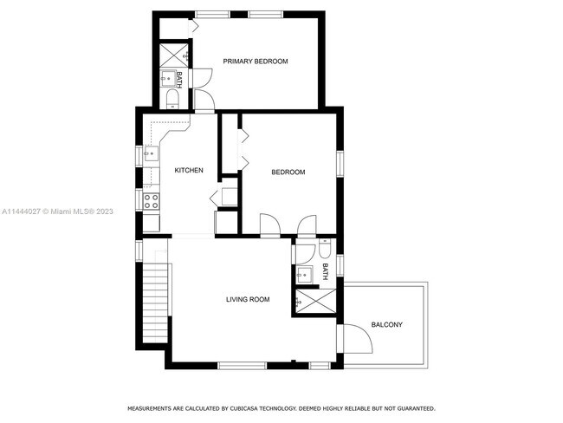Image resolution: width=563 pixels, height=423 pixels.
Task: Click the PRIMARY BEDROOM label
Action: [x=256, y=61]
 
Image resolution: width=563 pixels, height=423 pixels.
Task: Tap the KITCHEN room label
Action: [x=189, y=170]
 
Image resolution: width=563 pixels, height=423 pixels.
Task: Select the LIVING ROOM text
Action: [x=248, y=299]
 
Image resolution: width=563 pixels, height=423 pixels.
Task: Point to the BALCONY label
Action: [x=386, y=324]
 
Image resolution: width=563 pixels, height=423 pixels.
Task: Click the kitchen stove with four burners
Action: [x=152, y=201]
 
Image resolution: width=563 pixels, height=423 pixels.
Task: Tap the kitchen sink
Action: [x=152, y=153]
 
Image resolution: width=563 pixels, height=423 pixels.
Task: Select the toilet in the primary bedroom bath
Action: [x=172, y=99]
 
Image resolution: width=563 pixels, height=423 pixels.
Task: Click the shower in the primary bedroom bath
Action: [x=174, y=55]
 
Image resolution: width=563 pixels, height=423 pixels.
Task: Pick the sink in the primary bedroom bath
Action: [x=167, y=78]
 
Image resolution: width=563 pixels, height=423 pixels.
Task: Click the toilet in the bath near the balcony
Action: [x=325, y=248]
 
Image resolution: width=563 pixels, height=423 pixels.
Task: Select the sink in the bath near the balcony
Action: [x=305, y=275]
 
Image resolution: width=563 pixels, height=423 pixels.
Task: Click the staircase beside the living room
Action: [x=155, y=303]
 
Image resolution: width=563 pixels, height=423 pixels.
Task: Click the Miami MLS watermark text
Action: [x=57, y=211]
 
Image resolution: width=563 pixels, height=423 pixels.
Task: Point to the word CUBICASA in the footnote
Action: [x=243, y=408]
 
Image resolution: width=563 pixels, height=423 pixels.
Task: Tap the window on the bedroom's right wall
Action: [x=340, y=164]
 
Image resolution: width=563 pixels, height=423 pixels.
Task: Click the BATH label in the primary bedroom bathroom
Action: [x=179, y=80]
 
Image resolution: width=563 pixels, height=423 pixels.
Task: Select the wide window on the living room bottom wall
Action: [x=243, y=366]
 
